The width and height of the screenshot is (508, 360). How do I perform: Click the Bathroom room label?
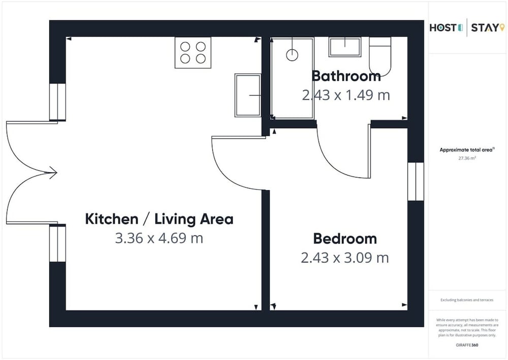click(346, 76)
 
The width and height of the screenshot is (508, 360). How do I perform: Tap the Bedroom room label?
click(345, 238)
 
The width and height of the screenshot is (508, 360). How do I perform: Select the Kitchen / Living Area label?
click(159, 219)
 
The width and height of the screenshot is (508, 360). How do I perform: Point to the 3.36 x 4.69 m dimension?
click(159, 238)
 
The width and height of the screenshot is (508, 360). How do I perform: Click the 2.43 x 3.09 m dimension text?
click(345, 258)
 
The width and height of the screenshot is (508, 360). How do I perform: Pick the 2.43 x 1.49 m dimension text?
click(346, 95)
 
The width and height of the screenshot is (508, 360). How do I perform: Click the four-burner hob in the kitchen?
click(193, 52)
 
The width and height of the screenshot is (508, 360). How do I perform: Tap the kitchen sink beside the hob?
click(248, 96)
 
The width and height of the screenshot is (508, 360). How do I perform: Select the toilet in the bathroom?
click(380, 56)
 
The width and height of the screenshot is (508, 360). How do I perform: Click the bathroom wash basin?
click(345, 47)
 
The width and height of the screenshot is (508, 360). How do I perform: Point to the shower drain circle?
click(292, 55)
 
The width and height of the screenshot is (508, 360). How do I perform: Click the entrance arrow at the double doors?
click(53, 172)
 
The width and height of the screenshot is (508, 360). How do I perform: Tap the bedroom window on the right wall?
click(416, 182)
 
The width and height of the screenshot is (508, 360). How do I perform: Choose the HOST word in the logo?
click(443, 28)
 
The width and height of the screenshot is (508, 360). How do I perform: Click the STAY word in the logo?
click(485, 28)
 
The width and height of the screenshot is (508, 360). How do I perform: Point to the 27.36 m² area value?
click(467, 158)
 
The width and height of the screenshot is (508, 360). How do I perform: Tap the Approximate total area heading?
click(466, 150)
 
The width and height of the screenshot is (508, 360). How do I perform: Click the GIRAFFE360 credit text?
click(467, 345)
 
